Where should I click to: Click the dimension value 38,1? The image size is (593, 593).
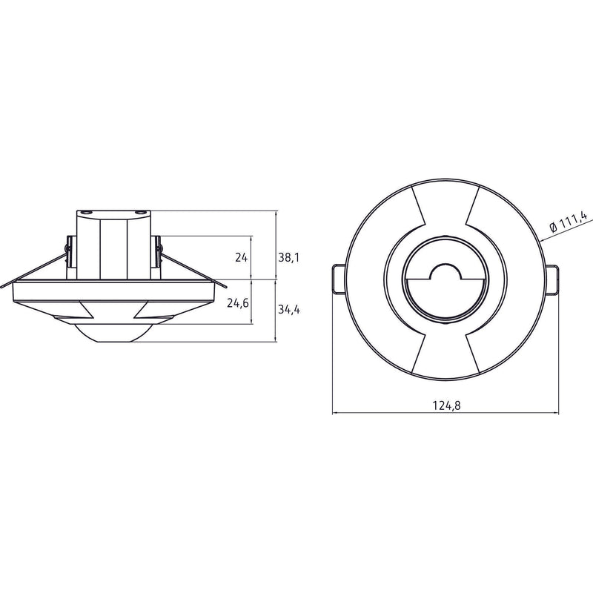click(289, 257)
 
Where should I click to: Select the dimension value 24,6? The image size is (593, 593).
click(238, 303)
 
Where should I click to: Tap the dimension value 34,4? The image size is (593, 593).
click(289, 309)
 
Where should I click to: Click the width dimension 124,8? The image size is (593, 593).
click(447, 405)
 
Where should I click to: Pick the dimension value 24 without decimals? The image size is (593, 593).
click(242, 257)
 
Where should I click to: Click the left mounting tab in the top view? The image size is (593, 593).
click(339, 279)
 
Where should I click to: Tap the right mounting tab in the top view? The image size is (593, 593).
click(551, 279)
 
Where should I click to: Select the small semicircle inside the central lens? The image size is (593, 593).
click(446, 267)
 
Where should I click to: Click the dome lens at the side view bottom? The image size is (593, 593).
click(108, 333)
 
